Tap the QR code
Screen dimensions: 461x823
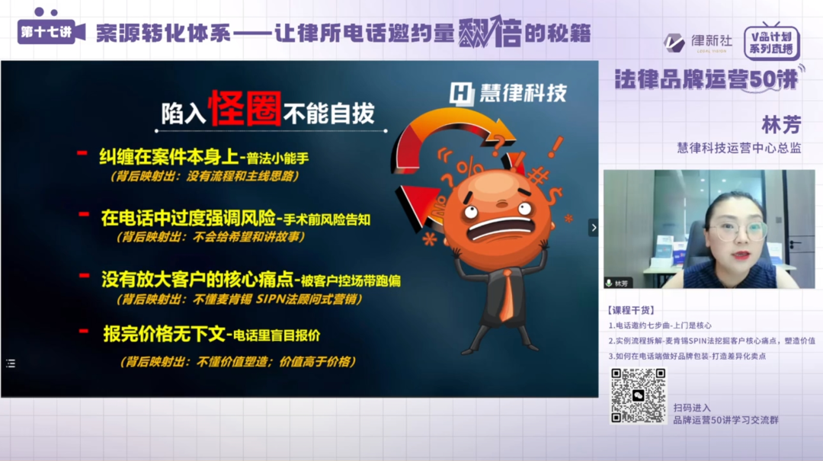coord(638,395)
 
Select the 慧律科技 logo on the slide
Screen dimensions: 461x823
coord(508,93)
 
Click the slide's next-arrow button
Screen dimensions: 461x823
coord(593,227)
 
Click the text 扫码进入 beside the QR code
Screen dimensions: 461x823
coord(691,408)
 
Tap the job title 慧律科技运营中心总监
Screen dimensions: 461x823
coord(738,148)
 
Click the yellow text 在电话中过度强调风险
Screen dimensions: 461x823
coord(189,217)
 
